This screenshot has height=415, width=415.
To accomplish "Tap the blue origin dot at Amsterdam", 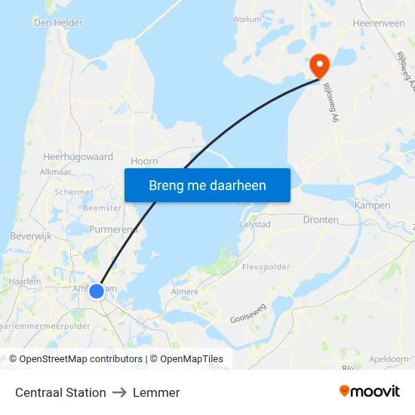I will [97, 290].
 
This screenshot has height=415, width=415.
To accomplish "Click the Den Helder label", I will [58, 23].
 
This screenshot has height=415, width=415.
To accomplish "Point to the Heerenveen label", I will [379, 24].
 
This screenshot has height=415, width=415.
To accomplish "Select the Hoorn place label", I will [144, 161].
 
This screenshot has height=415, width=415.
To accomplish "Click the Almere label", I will [184, 291].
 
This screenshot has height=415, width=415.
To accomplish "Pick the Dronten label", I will [320, 220].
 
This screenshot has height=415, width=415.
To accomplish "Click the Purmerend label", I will [112, 229].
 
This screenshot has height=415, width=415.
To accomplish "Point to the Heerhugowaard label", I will [78, 157].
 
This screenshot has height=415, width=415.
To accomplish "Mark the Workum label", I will [247, 20].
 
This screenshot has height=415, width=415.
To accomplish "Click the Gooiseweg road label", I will [248, 312].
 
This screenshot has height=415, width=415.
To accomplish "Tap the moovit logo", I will [369, 392].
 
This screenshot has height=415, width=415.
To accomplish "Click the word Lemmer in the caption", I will [156, 392].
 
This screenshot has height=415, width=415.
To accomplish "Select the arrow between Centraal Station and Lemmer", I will [119, 392].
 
